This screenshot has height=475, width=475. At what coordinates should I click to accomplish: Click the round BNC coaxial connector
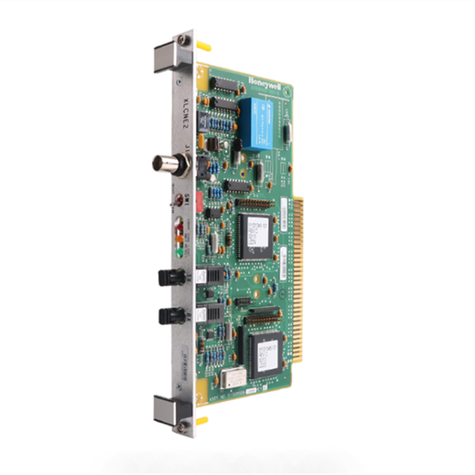point(170,164)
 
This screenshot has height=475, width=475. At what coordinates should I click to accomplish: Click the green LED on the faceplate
point(179,252)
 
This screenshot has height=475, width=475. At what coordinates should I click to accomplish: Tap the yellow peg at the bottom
point(202,420)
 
